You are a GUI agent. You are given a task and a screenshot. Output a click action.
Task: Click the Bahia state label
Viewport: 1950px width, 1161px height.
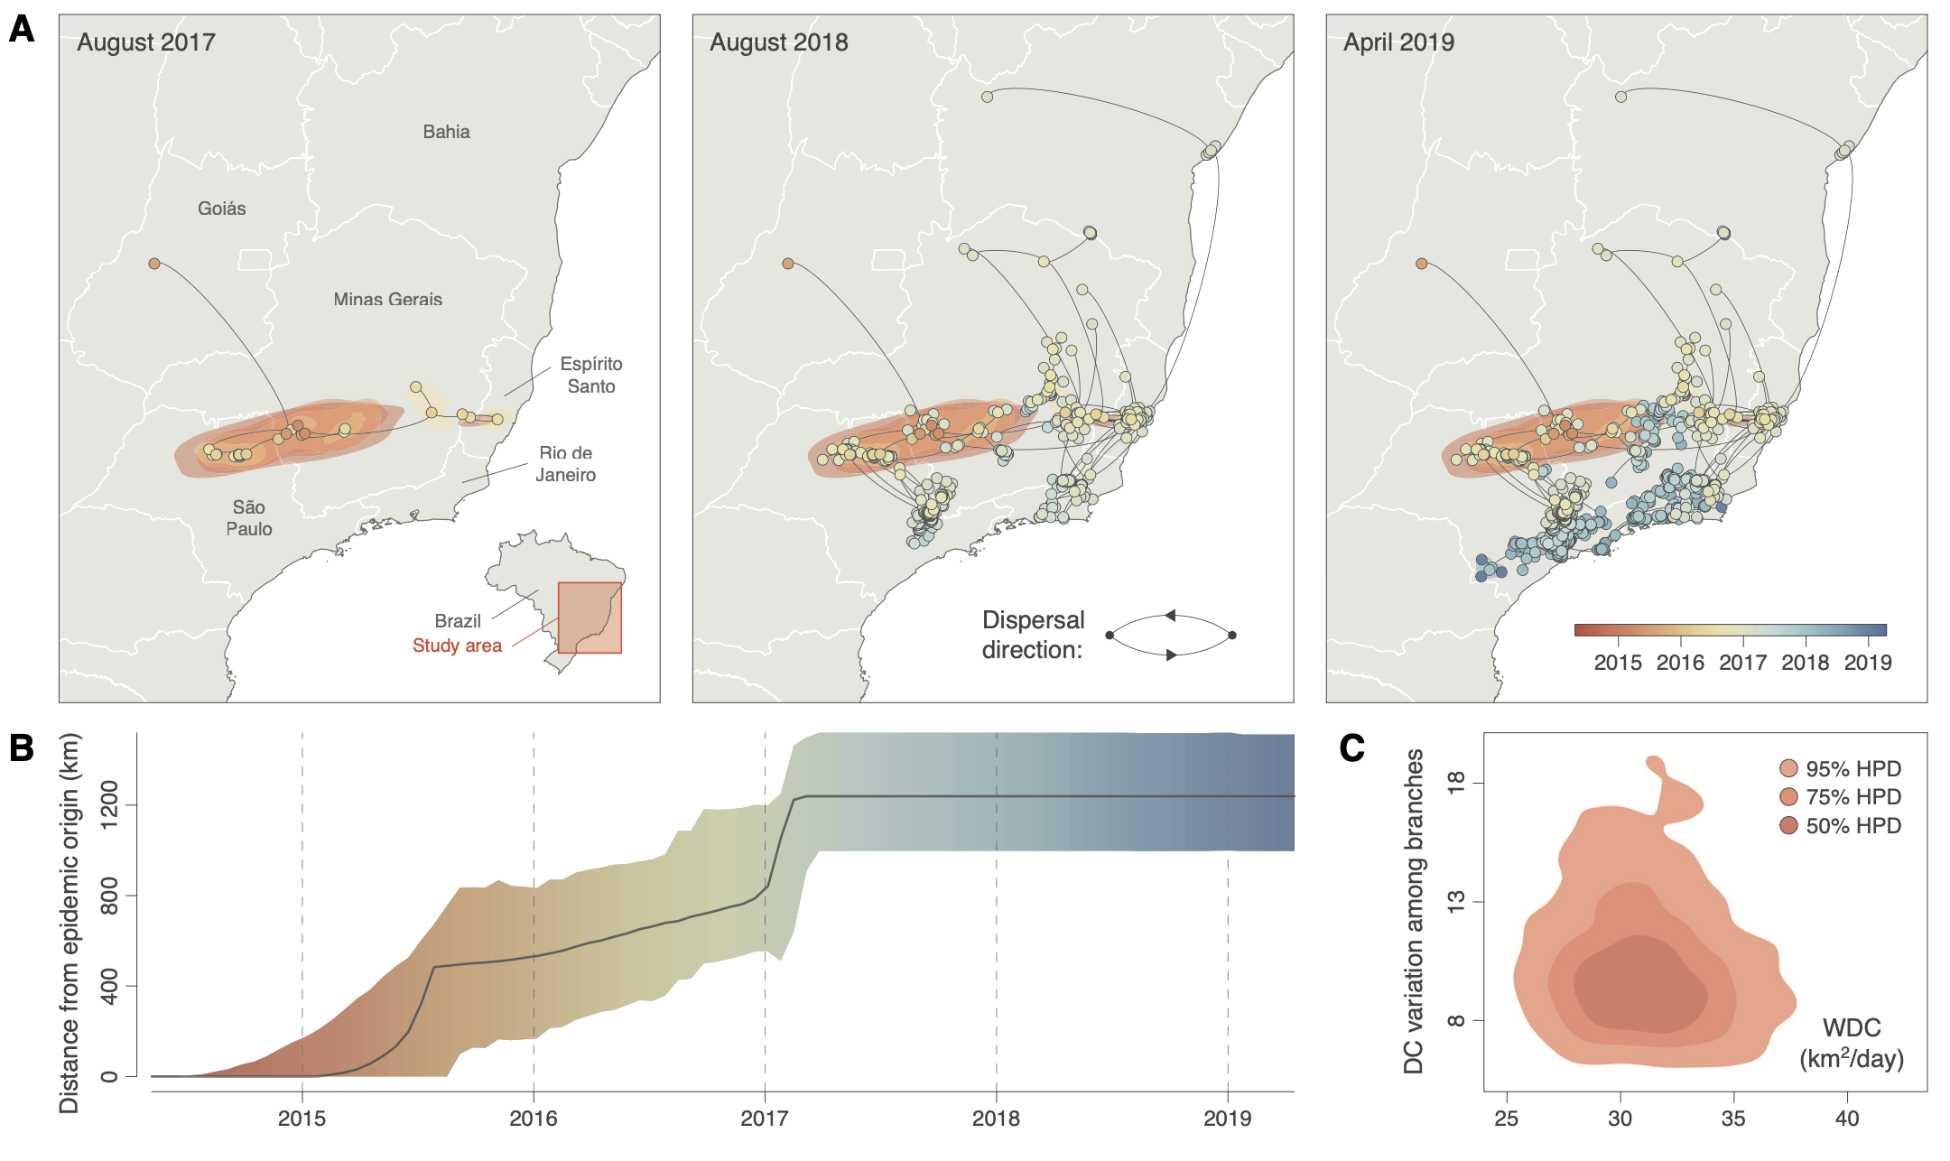(x=446, y=132)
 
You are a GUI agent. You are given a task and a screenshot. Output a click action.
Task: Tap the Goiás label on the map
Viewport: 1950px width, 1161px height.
(x=222, y=209)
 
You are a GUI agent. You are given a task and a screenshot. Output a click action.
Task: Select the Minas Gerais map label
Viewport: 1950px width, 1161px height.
(x=388, y=299)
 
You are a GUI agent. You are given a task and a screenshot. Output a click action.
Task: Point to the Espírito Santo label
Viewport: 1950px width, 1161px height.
(x=591, y=375)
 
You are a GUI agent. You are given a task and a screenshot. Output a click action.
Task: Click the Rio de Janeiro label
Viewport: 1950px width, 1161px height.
(x=566, y=464)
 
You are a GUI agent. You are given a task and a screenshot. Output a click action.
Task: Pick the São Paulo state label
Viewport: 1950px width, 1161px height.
(x=249, y=518)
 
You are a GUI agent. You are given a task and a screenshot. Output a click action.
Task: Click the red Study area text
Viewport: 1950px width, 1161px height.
(x=457, y=646)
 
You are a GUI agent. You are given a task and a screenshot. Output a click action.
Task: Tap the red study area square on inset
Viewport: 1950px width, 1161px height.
(x=590, y=618)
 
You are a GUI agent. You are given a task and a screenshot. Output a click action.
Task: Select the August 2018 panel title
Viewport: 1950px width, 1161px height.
(x=779, y=42)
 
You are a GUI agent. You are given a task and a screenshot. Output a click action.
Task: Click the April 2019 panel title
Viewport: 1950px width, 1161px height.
(x=1399, y=42)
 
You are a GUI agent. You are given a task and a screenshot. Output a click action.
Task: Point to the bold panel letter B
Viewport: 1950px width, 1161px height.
(x=21, y=748)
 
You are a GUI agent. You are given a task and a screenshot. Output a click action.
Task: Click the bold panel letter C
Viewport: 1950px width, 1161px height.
(x=1351, y=748)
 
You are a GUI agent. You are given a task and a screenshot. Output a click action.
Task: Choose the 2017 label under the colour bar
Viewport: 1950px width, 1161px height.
(x=1742, y=663)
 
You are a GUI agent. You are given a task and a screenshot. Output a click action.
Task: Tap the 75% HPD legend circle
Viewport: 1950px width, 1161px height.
(x=1788, y=797)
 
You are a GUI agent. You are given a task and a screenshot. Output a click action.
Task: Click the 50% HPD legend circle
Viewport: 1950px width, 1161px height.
(x=1788, y=826)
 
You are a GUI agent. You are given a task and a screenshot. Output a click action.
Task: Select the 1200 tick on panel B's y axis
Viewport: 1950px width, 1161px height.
(x=108, y=804)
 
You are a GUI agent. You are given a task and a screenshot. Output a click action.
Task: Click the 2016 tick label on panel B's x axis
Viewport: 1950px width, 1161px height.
(x=534, y=1119)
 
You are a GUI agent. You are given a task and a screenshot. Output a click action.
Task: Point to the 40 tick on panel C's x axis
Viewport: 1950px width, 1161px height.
(x=1847, y=1119)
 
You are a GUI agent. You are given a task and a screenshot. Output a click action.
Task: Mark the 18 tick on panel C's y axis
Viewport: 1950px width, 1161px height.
(x=1455, y=782)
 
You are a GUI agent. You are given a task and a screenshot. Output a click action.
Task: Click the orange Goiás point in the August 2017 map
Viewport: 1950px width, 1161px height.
(x=154, y=264)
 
